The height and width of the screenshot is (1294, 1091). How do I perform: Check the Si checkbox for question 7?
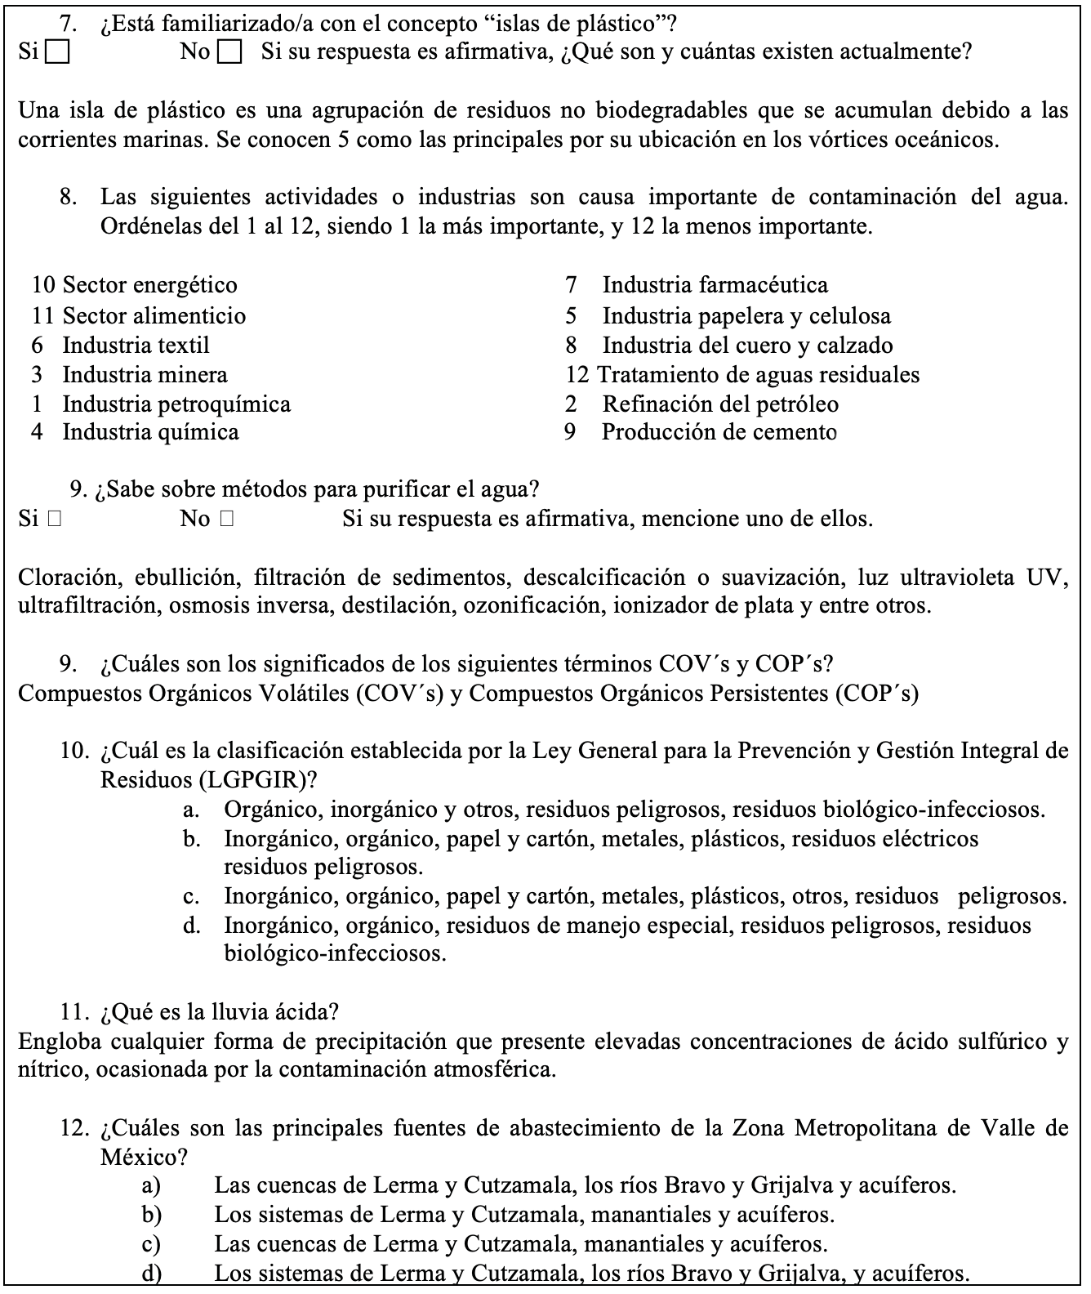pos(57,53)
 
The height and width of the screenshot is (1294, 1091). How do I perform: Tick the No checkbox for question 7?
pos(231,53)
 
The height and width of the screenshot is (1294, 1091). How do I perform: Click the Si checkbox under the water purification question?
pos(55,519)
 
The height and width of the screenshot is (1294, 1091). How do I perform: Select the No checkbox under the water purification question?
pos(227,519)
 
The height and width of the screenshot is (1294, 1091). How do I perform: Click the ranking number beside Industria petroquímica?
pos(37,404)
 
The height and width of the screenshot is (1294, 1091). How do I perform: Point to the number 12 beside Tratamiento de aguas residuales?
pos(577,374)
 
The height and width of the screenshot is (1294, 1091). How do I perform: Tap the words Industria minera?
pos(145,374)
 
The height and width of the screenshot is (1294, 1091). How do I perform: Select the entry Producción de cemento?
pos(719,432)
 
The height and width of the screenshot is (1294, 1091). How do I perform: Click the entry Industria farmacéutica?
pos(715,284)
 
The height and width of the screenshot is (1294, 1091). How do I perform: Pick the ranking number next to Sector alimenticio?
pos(42,315)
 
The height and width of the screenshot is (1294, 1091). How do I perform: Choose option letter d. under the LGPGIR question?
pos(192,926)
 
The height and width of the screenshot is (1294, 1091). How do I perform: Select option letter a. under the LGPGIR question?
pos(192,810)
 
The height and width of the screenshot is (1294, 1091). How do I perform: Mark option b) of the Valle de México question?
pos(152,1215)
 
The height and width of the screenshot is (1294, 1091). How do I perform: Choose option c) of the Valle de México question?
pos(151,1244)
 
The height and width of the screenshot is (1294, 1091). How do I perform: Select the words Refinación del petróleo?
pos(719,404)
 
